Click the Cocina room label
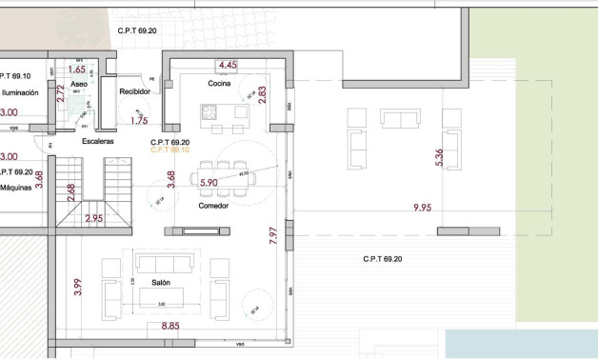[x=220, y=84]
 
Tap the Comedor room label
[x=213, y=206]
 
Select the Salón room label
[x=161, y=283]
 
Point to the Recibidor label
[x=134, y=91]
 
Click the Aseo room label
[x=79, y=85]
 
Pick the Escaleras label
[x=98, y=141]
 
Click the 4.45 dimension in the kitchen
[x=228, y=65]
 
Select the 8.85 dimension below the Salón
[x=170, y=327]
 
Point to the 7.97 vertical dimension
[x=272, y=234]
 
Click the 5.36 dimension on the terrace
[x=439, y=158]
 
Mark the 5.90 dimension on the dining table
[x=209, y=182]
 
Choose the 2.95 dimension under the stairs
[x=94, y=219]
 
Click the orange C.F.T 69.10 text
[x=170, y=150]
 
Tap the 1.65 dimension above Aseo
[x=78, y=70]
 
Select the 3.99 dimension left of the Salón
[x=79, y=286]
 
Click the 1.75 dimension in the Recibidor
[x=139, y=121]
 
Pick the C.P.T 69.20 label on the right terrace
[x=383, y=259]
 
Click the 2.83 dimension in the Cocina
[x=263, y=95]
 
